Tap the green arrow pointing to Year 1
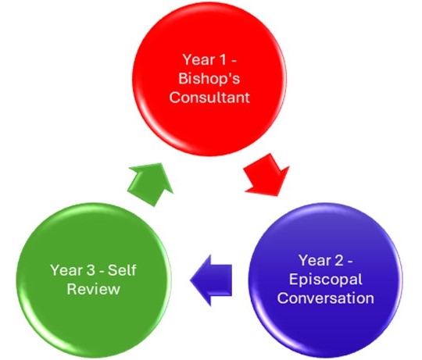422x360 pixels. [x=151, y=184]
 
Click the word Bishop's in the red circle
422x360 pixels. [x=209, y=79]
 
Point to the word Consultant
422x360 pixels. [x=209, y=98]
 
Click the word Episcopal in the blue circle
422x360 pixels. [x=326, y=280]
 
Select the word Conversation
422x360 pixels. [x=326, y=298]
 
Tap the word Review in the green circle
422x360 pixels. [x=94, y=289]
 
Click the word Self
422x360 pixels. [x=122, y=270]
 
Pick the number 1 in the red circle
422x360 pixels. [x=223, y=59]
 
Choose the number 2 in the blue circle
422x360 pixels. [x=339, y=261]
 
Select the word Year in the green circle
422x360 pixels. [x=66, y=270]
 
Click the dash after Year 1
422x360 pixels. [x=234, y=61]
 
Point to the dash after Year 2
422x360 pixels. [x=350, y=262]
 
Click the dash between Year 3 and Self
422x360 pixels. [x=102, y=271]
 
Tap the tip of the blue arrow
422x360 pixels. [x=190, y=280]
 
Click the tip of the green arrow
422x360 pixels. [x=162, y=163]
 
